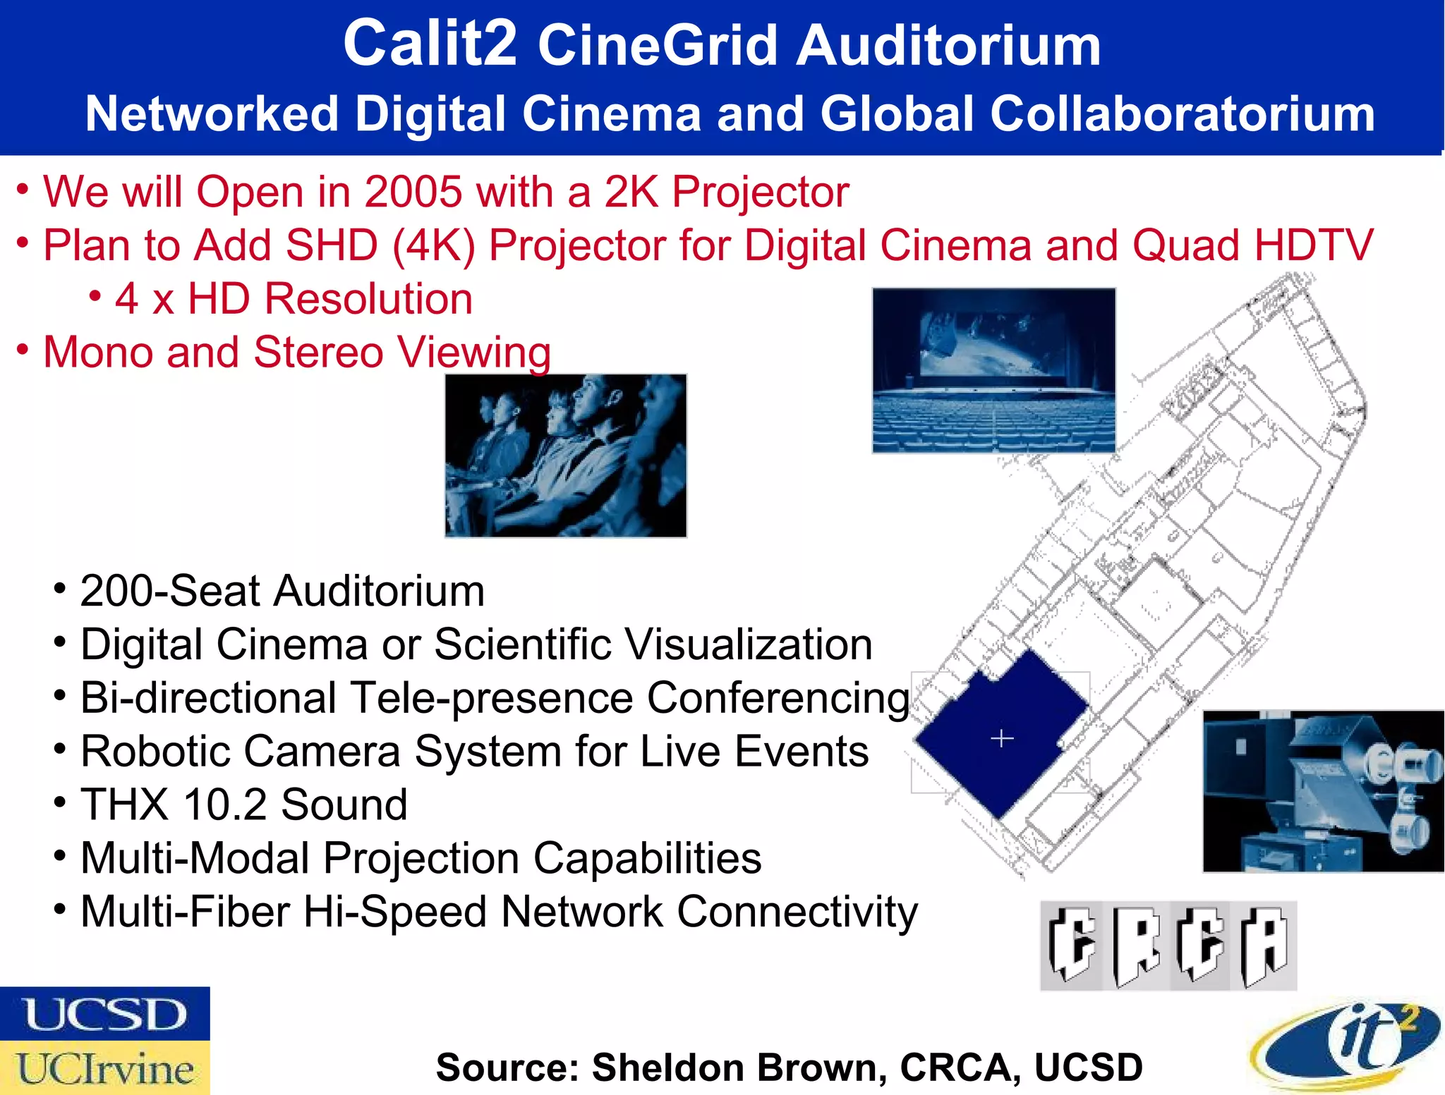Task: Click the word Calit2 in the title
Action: [x=430, y=44]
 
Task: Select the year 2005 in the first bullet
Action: [x=413, y=192]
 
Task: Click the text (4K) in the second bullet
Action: [x=434, y=245]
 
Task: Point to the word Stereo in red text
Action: [x=318, y=352]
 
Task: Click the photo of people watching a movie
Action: [x=565, y=455]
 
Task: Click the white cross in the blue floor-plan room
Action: [x=1002, y=738]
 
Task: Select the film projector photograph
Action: [x=1323, y=791]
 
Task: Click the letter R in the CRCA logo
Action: [x=1137, y=946]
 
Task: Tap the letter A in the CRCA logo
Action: [x=1265, y=946]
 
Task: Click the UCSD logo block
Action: [x=104, y=1013]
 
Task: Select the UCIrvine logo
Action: [x=104, y=1068]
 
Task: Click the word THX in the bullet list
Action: [x=124, y=805]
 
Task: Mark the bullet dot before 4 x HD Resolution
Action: [x=95, y=296]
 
